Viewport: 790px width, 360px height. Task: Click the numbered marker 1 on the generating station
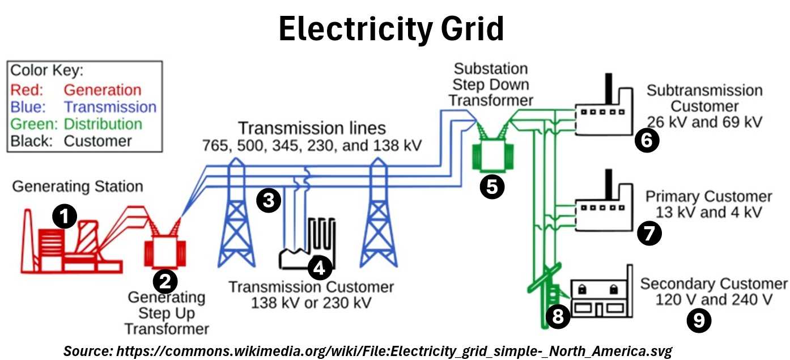(x=65, y=217)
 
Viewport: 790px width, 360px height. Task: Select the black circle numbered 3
(x=269, y=200)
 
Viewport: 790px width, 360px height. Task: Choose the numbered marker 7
(x=649, y=233)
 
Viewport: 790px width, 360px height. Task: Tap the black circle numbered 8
(x=558, y=316)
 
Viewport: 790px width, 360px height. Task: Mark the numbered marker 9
(x=698, y=320)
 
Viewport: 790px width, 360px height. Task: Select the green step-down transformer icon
(x=492, y=155)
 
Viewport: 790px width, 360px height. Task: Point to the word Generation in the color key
(x=103, y=90)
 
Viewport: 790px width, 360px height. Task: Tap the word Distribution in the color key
(x=103, y=124)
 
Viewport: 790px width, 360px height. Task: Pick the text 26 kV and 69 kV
(x=704, y=121)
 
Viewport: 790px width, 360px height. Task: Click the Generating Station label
(x=78, y=186)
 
